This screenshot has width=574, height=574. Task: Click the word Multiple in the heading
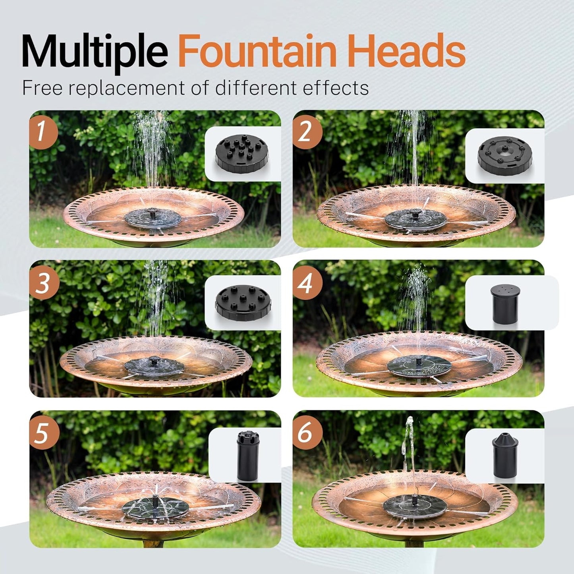click(95, 52)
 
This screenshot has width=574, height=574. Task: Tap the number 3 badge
click(43, 283)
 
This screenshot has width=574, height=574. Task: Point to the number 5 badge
click(43, 433)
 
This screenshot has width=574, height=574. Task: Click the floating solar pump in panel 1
click(153, 219)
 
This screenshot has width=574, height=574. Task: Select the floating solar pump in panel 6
click(415, 506)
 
